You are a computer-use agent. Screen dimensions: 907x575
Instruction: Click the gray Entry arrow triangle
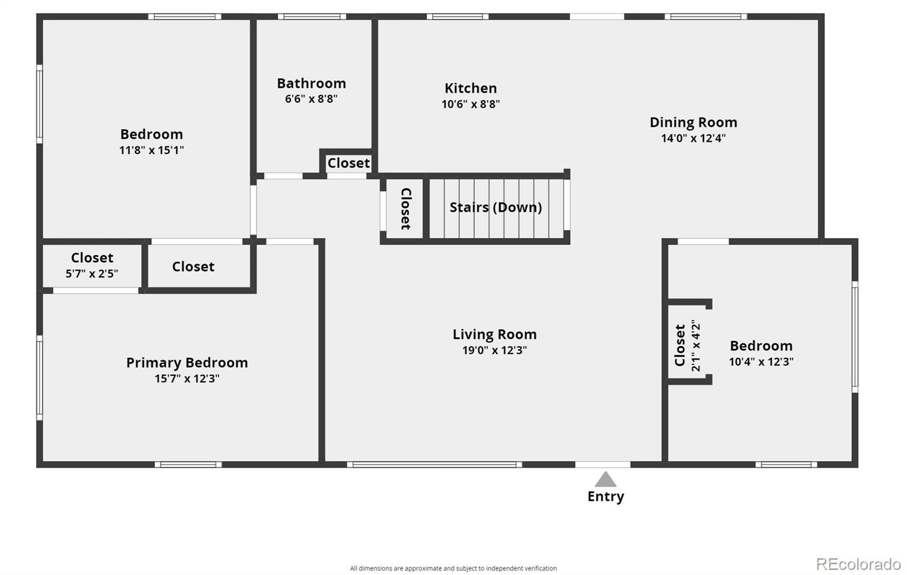(605, 479)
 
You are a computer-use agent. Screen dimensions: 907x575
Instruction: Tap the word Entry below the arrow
(606, 497)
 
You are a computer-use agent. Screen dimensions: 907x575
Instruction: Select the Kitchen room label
(471, 88)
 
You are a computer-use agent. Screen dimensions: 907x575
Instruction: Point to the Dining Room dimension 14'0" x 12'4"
(693, 138)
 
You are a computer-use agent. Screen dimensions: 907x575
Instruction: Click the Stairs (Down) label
(495, 208)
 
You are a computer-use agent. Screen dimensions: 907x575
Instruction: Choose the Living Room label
(494, 335)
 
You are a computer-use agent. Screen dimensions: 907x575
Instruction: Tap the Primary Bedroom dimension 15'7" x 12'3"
(187, 379)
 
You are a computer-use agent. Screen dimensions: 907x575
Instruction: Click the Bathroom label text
(311, 83)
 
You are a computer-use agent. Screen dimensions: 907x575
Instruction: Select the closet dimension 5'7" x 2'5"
(92, 274)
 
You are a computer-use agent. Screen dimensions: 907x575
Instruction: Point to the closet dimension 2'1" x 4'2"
(696, 345)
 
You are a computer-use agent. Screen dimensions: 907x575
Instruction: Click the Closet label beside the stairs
(406, 209)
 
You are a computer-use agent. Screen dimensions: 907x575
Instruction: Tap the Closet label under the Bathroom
(348, 163)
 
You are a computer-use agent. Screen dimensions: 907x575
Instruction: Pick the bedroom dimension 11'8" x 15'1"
(151, 150)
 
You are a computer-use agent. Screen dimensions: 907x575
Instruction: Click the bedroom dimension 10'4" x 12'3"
(761, 362)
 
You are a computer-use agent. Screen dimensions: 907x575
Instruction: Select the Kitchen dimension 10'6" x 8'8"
(471, 104)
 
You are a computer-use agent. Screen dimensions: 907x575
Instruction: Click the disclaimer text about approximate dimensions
(453, 568)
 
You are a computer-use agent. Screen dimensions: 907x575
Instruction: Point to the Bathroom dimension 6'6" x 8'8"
(311, 99)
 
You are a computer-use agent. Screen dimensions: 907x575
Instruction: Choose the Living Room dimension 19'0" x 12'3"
(494, 350)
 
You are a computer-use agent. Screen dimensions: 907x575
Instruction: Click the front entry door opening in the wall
(603, 464)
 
